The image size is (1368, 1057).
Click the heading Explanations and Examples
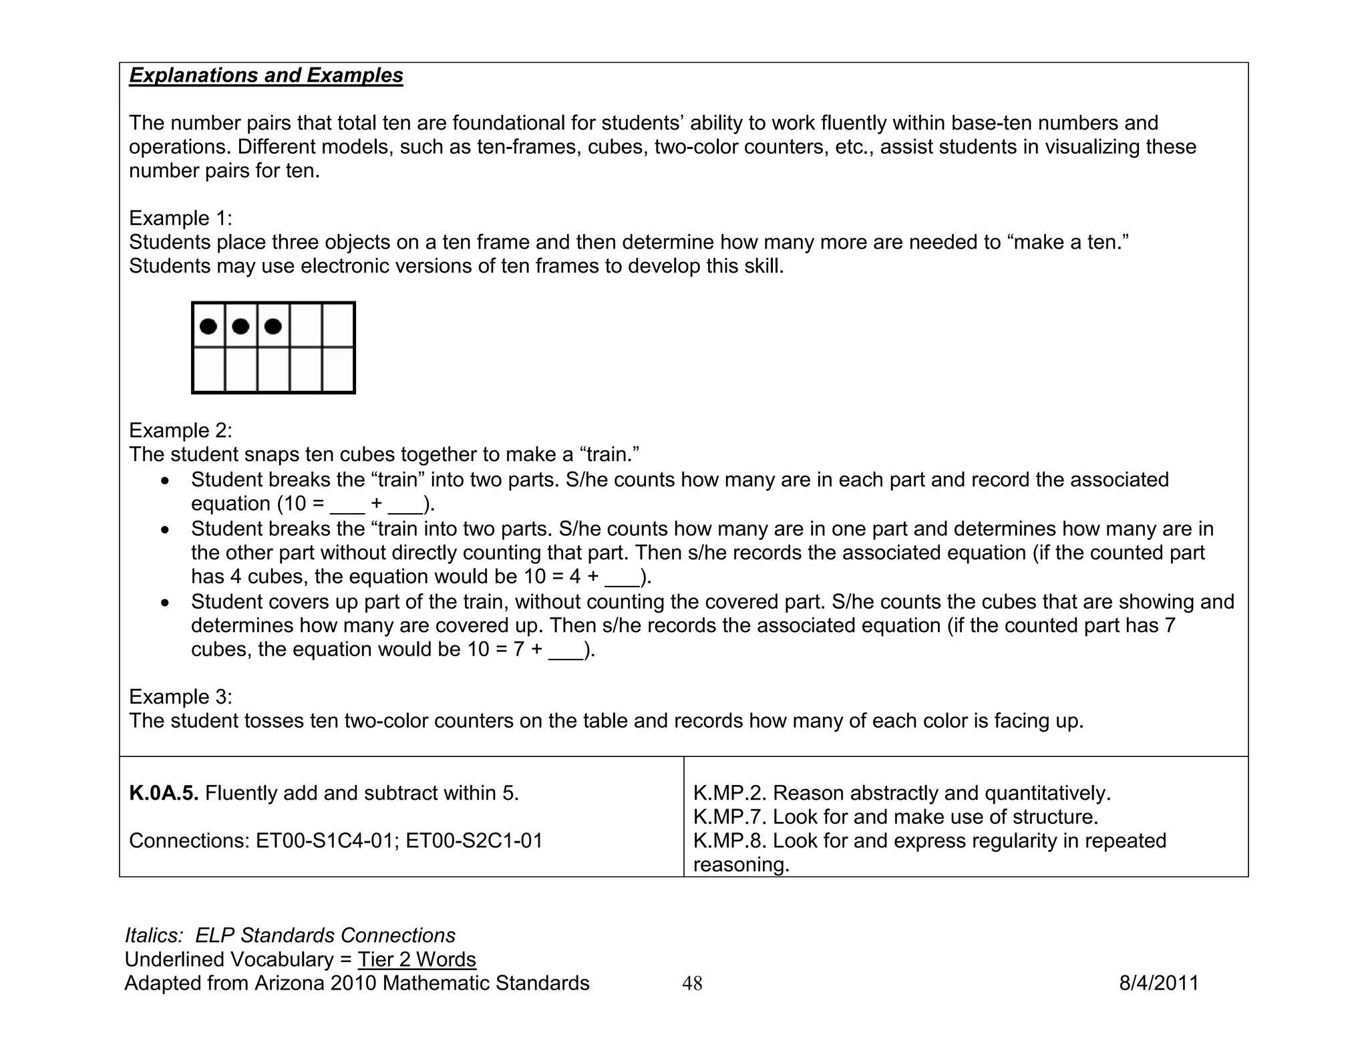[266, 75]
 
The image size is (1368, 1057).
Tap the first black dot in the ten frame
[208, 327]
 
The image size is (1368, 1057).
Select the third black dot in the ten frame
[273, 327]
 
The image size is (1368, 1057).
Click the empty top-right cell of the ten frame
[338, 325]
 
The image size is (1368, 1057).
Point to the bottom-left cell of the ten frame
[209, 369]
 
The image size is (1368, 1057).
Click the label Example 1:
[180, 218]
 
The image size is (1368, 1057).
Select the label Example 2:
[180, 430]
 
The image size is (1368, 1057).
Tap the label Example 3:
[180, 697]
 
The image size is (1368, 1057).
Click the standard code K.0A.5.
[164, 793]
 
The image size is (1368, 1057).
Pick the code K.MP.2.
[730, 793]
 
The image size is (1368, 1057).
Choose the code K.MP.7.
[730, 817]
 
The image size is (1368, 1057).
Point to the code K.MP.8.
[730, 841]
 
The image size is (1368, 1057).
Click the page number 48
[692, 984]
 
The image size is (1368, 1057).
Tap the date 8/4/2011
[1159, 984]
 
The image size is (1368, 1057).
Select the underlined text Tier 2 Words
[417, 959]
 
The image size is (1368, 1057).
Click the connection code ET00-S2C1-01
[474, 841]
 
